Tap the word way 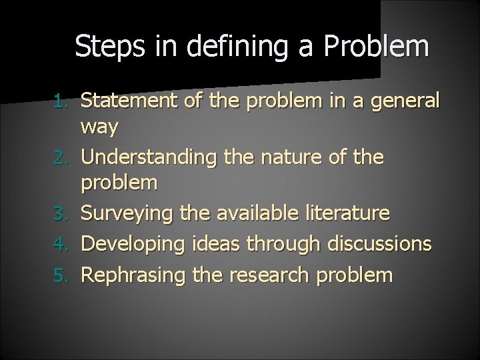[99, 127]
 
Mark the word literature [347, 214]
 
